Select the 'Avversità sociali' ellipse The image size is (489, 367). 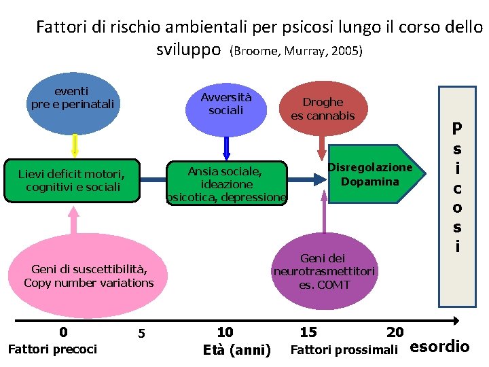click(x=226, y=106)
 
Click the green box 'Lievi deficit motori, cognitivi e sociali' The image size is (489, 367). click(x=72, y=181)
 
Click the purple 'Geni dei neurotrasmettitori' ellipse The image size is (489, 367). click(x=324, y=268)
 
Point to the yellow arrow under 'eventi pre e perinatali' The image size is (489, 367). click(x=75, y=144)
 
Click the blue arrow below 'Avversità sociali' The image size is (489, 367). click(x=227, y=147)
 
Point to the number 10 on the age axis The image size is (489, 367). click(x=225, y=332)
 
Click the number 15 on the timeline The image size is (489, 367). click(x=308, y=332)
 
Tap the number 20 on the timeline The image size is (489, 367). click(x=395, y=332)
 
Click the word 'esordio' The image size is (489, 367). click(x=440, y=347)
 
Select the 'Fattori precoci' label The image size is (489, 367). click(x=52, y=349)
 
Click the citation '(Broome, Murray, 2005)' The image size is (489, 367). click(x=297, y=52)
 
